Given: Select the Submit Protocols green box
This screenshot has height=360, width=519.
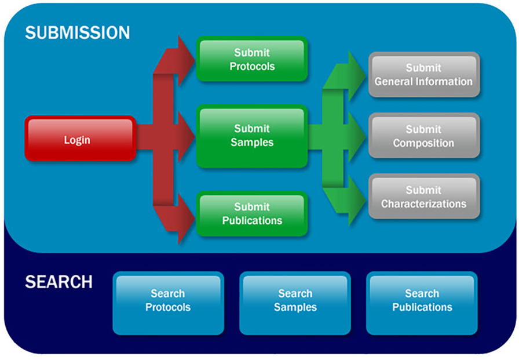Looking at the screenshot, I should (251, 59).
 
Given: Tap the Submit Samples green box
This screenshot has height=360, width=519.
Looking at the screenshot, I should (251, 136).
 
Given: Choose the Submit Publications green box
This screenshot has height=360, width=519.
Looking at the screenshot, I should (251, 213).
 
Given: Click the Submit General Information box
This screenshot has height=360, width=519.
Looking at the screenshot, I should (423, 75).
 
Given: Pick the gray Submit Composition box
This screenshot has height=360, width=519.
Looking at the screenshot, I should (423, 136).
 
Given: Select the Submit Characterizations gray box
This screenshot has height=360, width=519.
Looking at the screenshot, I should (423, 197).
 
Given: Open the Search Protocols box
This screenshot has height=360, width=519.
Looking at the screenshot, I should (168, 300).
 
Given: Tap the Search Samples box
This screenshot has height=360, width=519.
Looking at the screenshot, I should (295, 300).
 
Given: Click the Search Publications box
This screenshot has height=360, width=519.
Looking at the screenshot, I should (422, 300).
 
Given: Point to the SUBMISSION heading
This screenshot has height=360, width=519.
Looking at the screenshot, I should (77, 32).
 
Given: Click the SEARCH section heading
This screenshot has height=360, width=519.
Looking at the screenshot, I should (59, 282).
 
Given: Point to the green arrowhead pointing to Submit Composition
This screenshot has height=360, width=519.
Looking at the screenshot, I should (354, 137).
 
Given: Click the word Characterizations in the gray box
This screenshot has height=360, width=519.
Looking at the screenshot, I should (423, 204).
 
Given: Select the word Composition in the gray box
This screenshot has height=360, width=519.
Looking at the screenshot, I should (423, 143).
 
